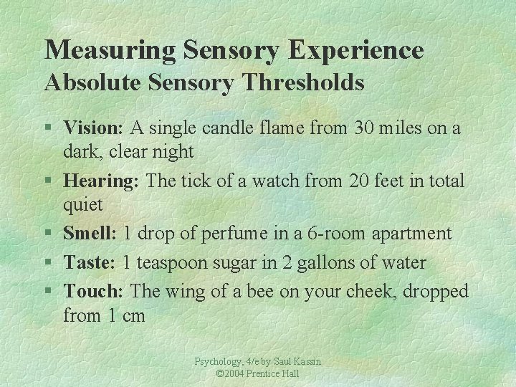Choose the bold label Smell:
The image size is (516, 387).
click(x=90, y=234)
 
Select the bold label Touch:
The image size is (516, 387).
click(x=94, y=292)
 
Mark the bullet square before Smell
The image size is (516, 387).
click(x=48, y=234)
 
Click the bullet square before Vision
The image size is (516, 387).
click(x=48, y=129)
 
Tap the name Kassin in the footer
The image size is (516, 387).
click(x=306, y=363)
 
